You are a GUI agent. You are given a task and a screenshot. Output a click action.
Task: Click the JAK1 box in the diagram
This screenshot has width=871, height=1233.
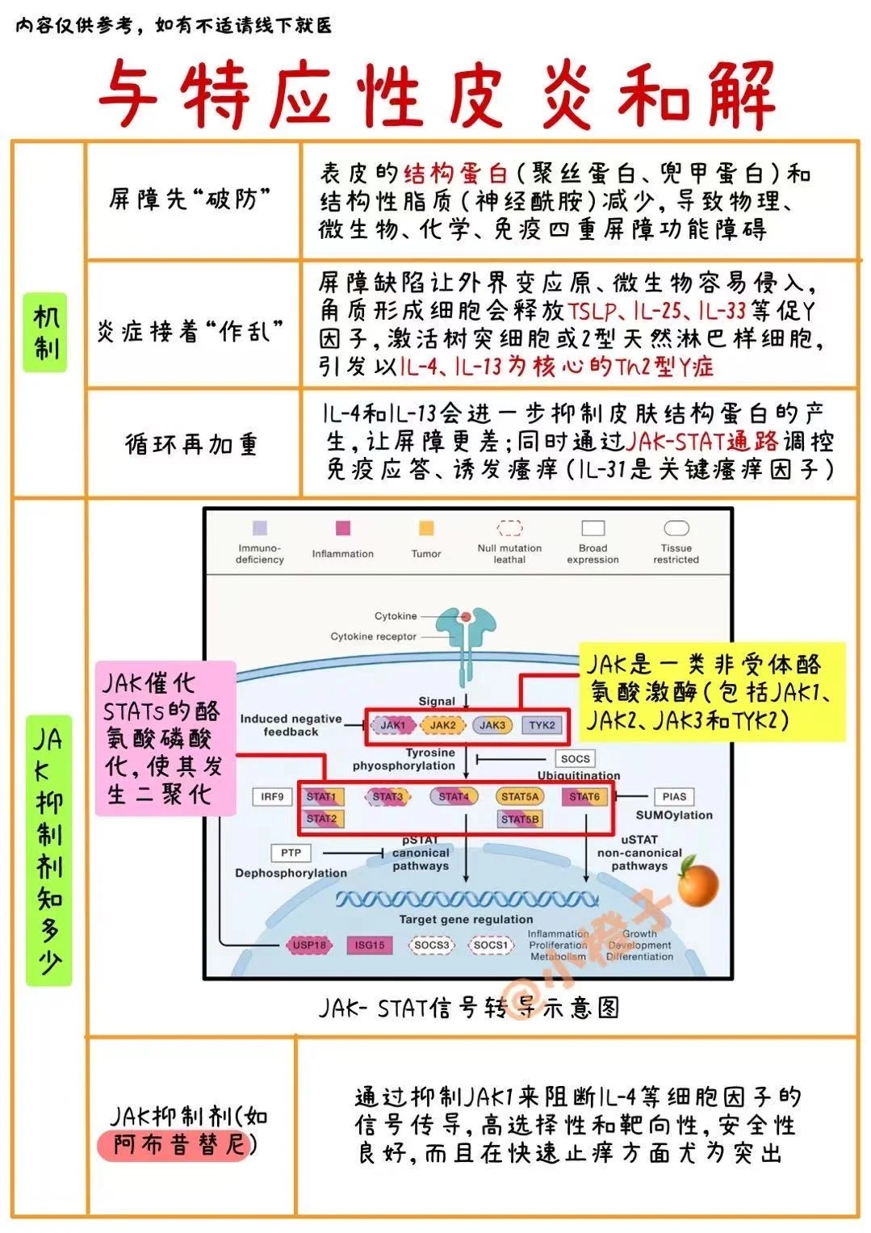click(392, 725)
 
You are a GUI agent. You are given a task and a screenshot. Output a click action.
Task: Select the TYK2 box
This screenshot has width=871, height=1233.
click(542, 725)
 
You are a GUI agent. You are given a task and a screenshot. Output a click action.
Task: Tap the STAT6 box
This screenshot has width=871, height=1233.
click(584, 797)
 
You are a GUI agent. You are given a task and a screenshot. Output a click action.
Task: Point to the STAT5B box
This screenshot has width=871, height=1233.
click(519, 820)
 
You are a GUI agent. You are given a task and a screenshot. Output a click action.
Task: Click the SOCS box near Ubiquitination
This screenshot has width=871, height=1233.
click(576, 759)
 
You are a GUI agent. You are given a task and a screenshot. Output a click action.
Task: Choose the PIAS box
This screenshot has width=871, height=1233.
click(674, 797)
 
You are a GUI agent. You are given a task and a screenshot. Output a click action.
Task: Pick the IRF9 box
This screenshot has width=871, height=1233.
click(272, 797)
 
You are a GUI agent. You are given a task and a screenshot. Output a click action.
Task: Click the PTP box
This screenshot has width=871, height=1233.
click(291, 853)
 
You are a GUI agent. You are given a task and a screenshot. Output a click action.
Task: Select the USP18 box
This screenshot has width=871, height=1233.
click(309, 945)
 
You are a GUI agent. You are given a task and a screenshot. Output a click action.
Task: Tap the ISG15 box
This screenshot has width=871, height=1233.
click(370, 945)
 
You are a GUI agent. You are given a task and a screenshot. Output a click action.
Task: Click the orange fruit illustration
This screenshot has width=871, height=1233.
click(697, 883)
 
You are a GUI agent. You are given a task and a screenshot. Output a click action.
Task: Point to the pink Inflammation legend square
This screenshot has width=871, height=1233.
click(343, 529)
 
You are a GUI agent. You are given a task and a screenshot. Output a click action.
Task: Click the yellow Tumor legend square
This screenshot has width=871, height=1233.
click(426, 529)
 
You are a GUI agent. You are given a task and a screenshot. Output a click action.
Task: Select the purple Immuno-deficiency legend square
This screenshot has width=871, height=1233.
click(260, 529)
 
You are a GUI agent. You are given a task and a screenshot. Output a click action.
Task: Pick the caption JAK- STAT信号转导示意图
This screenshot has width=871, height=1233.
click(468, 1008)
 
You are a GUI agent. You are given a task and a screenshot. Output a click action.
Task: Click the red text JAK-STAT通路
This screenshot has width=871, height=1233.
click(702, 441)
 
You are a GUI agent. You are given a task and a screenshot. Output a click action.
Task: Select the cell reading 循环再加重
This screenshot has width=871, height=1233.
click(191, 444)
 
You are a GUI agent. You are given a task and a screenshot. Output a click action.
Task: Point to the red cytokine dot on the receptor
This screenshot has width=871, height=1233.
click(466, 618)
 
